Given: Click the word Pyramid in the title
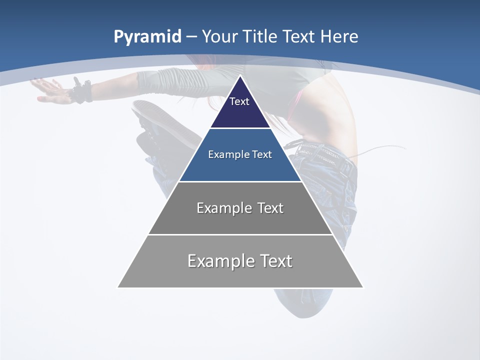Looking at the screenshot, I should click(x=147, y=37).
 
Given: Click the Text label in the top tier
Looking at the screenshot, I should click(x=239, y=101).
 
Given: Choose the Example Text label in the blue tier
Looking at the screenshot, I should click(x=240, y=154).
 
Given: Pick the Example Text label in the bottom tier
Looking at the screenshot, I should click(x=240, y=261).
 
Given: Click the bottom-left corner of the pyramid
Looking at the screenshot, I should click(x=118, y=287).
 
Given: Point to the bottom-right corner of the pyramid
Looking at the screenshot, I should click(x=362, y=287).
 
